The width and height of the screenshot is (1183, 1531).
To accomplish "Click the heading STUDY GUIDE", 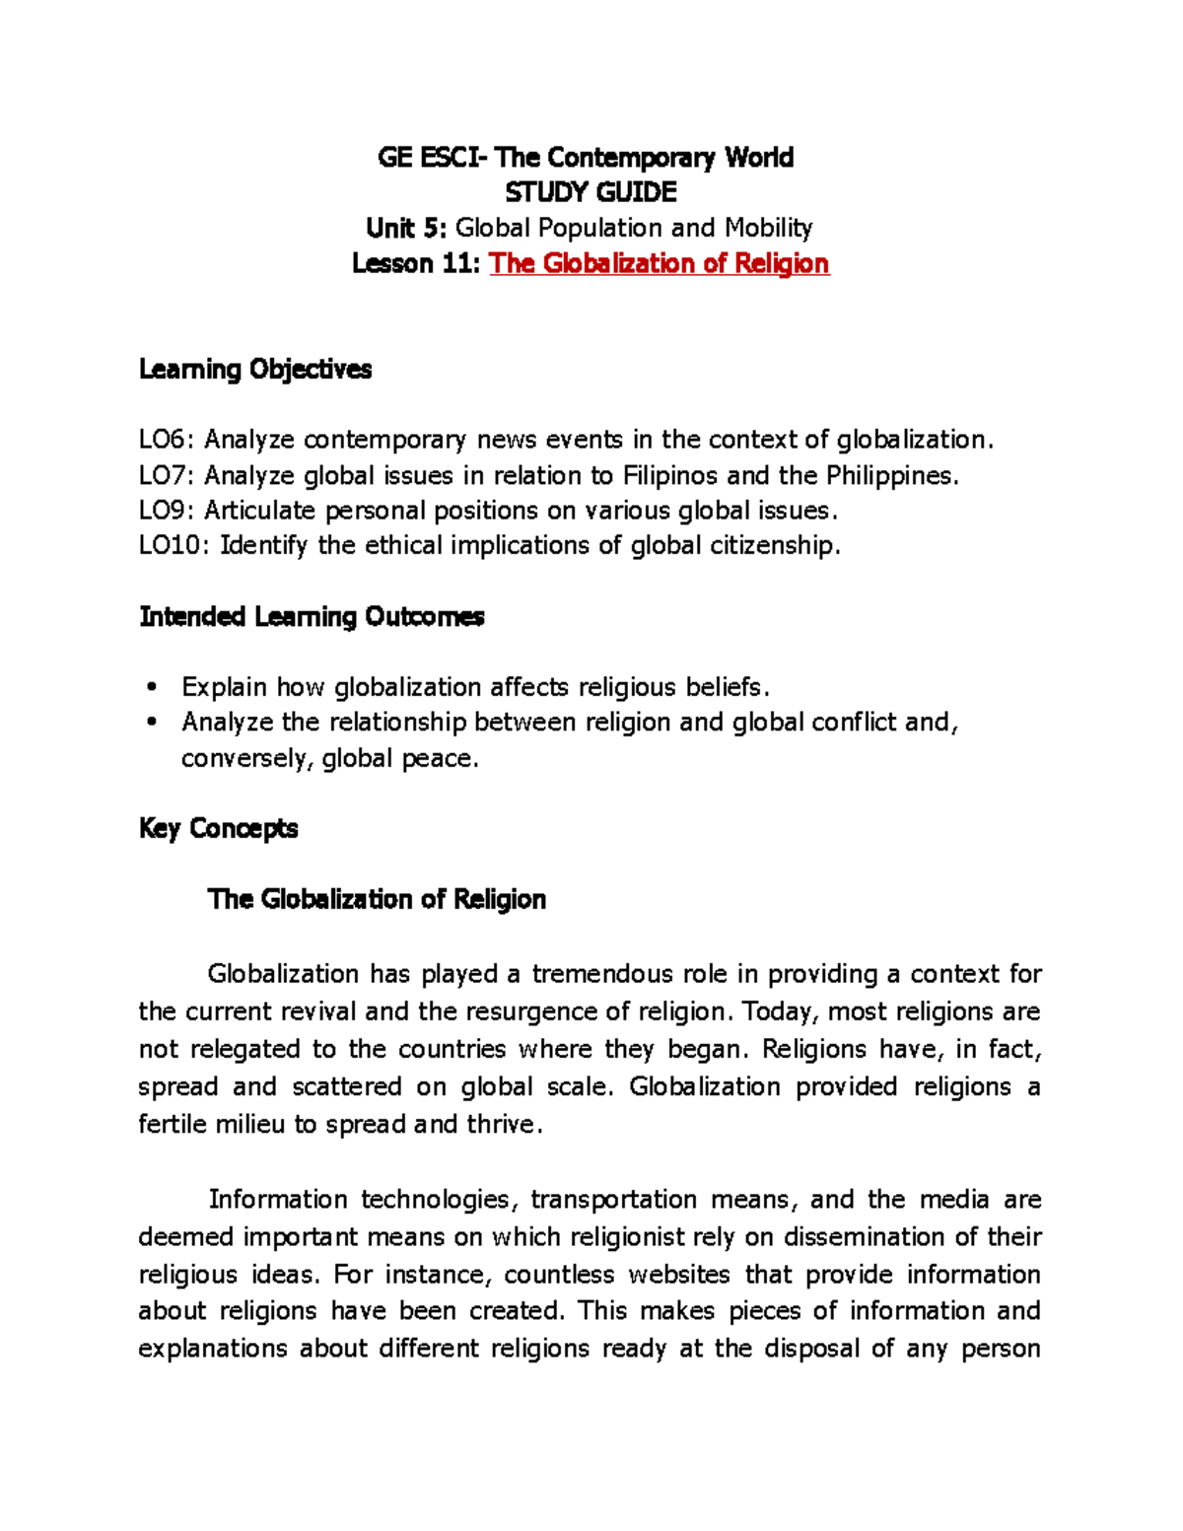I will tap(591, 192).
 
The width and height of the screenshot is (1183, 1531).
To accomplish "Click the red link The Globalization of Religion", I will tap(659, 263).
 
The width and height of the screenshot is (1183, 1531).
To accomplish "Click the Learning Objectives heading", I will tap(255, 369).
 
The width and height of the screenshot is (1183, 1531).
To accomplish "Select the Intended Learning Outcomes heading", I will tap(312, 616).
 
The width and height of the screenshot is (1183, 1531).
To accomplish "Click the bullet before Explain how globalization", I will tap(151, 687).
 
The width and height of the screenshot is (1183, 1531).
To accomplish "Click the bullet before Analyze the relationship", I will tap(151, 723).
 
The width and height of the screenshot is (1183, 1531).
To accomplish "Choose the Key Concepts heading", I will tap(218, 828).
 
